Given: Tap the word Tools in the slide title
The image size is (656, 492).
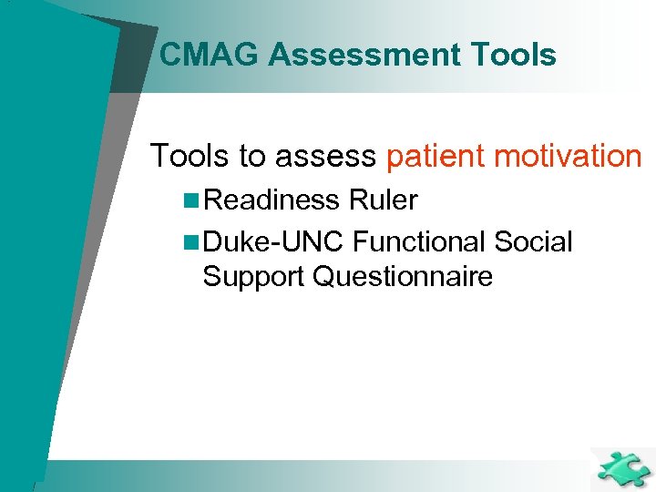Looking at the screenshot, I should [514, 56].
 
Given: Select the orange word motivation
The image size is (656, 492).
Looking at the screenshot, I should [568, 156].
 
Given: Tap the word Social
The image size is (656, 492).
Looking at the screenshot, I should [533, 242].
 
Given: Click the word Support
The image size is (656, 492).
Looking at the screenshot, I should [253, 277].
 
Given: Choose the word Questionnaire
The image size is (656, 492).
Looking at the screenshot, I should [402, 276].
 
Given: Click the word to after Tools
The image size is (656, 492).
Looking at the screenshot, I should [251, 156].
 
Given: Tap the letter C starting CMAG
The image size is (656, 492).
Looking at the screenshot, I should [169, 56].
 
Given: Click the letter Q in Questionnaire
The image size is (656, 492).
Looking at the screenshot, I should [323, 276].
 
